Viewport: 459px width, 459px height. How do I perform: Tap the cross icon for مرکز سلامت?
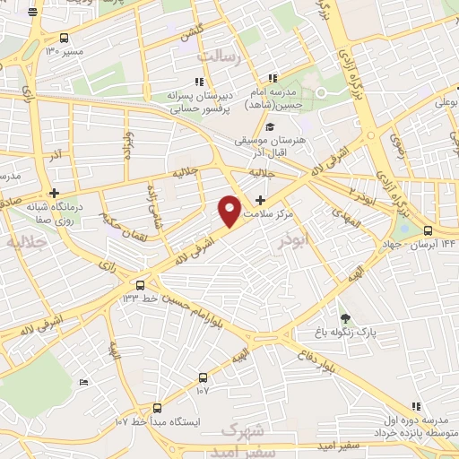coord(261,200)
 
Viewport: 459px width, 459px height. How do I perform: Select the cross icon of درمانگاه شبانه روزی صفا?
coord(56,193)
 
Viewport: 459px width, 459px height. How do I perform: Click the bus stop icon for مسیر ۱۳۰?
coord(64,38)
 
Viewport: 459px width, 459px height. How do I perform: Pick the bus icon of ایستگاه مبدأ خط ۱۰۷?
coord(158,408)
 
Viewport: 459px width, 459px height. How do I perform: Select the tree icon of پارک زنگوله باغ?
coord(345,318)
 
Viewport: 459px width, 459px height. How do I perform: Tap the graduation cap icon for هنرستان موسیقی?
coord(294,125)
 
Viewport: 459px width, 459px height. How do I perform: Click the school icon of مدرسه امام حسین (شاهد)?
coord(273,79)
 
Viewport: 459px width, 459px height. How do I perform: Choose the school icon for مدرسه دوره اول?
coord(415,406)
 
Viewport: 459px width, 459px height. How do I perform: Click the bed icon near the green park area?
coord(84,383)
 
